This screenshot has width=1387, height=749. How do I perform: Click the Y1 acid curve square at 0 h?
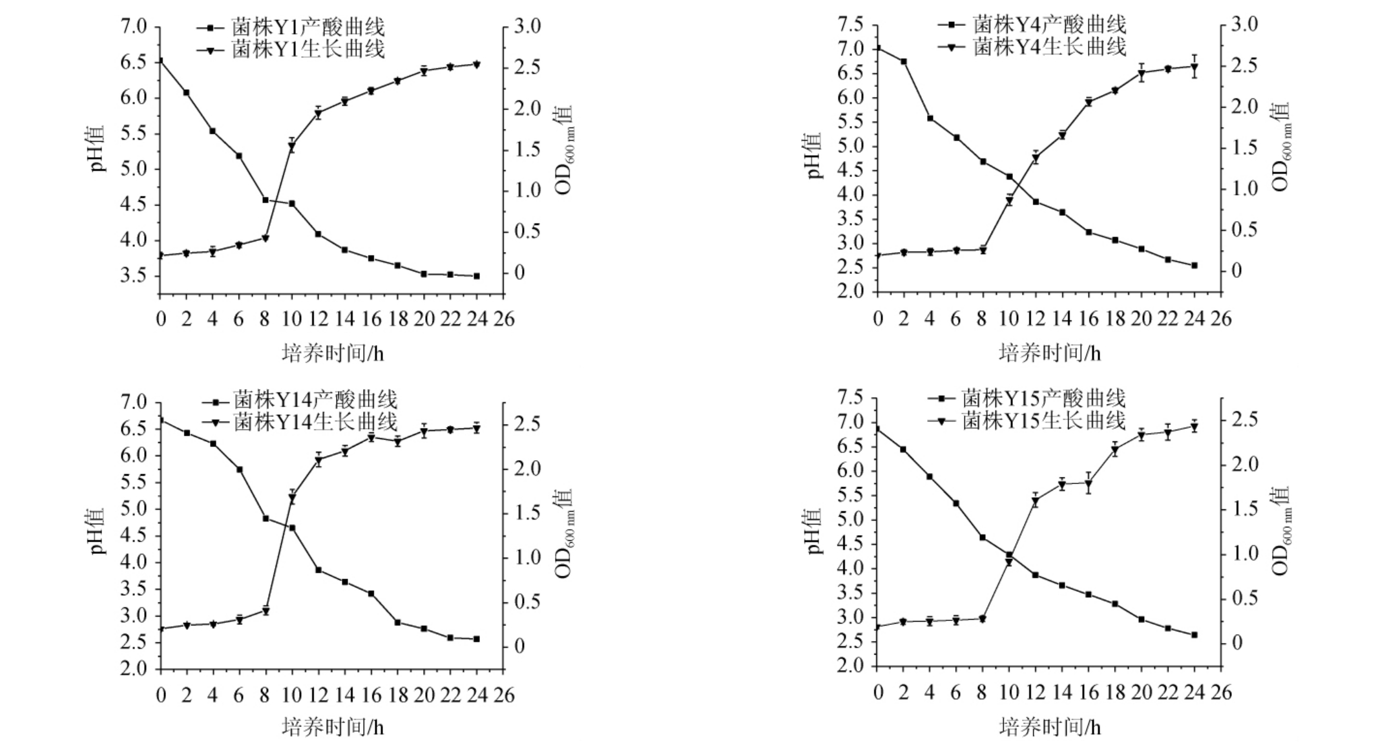click(160, 61)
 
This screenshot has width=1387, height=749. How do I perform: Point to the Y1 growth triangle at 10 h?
click(291, 147)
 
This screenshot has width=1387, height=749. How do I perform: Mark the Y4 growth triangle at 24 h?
click(1194, 67)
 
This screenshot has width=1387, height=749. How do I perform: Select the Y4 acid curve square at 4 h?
click(930, 118)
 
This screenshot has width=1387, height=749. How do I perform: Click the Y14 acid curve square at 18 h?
click(397, 622)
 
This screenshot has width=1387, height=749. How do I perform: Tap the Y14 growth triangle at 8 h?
click(266, 611)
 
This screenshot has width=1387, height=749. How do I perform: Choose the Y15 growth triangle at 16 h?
click(1089, 483)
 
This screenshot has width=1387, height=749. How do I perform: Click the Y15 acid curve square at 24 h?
click(1194, 635)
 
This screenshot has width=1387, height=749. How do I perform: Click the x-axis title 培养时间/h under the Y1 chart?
click(332, 353)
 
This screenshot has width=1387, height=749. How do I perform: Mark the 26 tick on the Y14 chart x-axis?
click(503, 695)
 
